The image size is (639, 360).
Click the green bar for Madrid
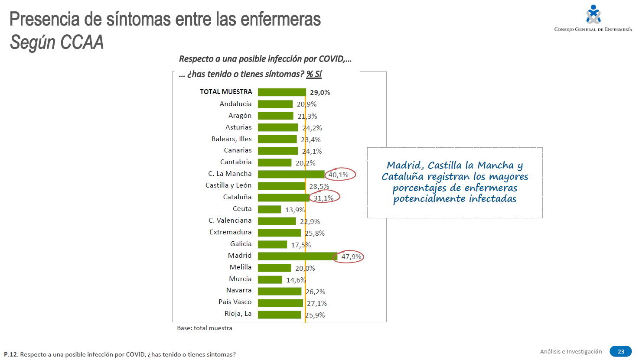(297, 256)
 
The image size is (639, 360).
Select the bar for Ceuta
(269, 209)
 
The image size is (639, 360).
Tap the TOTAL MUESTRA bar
(282, 92)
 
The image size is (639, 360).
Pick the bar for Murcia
(270, 279)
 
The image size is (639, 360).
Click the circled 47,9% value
(351, 256)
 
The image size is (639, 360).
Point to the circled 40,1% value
(339, 175)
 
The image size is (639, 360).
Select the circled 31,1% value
(324, 198)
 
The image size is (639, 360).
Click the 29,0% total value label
(320, 92)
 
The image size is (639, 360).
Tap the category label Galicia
(241, 244)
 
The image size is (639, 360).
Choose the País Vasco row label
(235, 302)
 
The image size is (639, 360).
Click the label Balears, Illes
(231, 139)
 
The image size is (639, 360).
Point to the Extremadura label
(231, 232)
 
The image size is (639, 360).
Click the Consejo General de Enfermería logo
(593, 18)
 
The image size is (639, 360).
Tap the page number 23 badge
(620, 351)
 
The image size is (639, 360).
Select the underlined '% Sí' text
(314, 74)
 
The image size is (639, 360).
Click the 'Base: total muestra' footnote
(205, 328)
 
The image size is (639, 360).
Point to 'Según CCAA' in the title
(57, 42)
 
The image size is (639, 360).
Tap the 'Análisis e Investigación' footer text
(571, 351)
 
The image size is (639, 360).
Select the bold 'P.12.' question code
(11, 354)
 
